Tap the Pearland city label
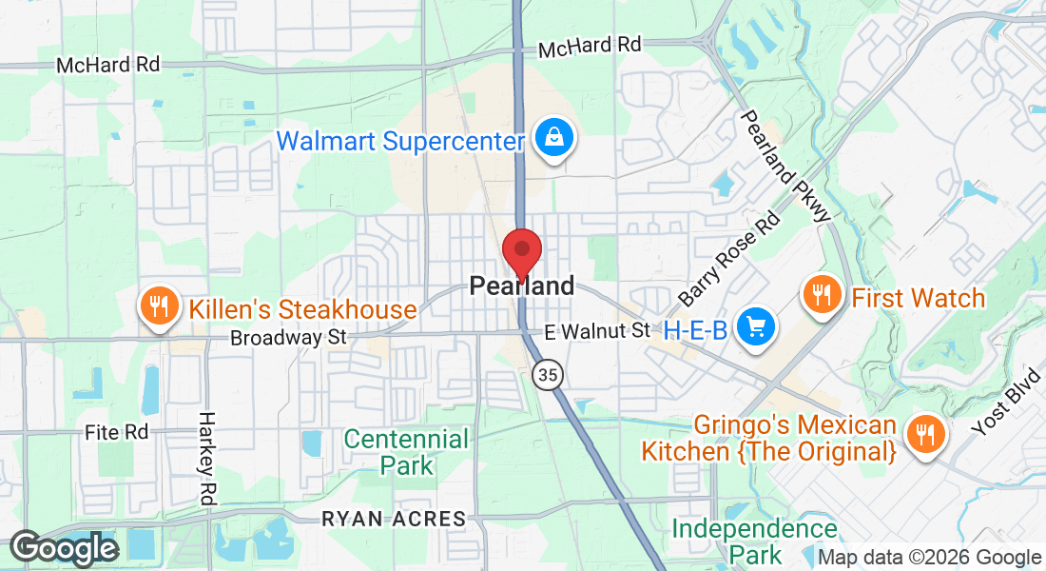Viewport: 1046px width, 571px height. [x=522, y=285]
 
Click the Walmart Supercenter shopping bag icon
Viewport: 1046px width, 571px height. [x=552, y=139]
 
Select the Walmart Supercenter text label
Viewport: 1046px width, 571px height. [x=400, y=142]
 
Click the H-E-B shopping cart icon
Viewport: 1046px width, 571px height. [x=758, y=327]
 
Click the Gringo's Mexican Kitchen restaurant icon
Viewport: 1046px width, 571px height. [x=922, y=434]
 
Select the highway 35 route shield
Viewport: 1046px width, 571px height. [x=547, y=375]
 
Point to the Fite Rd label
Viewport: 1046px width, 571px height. [x=117, y=432]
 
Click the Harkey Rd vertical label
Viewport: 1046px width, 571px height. [x=205, y=458]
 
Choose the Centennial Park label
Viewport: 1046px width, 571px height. [x=406, y=452]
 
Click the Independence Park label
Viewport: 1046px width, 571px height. [x=755, y=541]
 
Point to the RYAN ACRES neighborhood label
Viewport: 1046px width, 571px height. [x=395, y=520]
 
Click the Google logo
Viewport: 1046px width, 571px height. [x=64, y=549]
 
